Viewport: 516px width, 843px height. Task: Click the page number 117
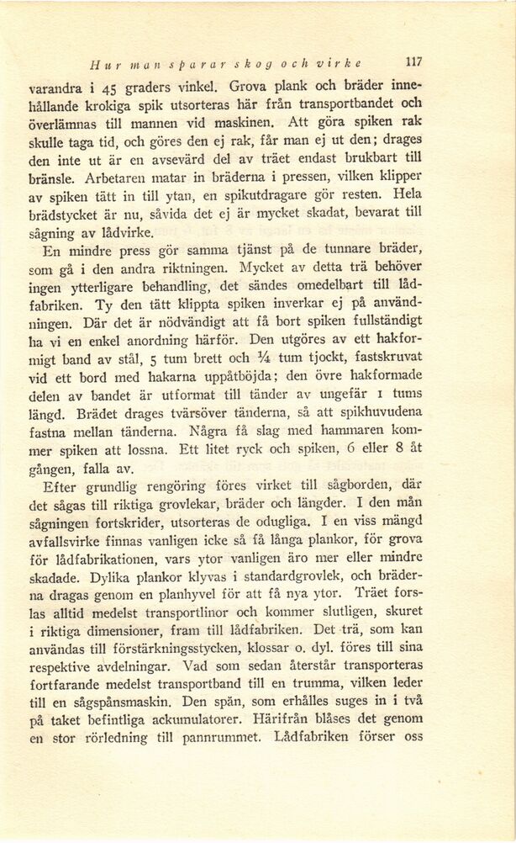pyautogui.click(x=412, y=61)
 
